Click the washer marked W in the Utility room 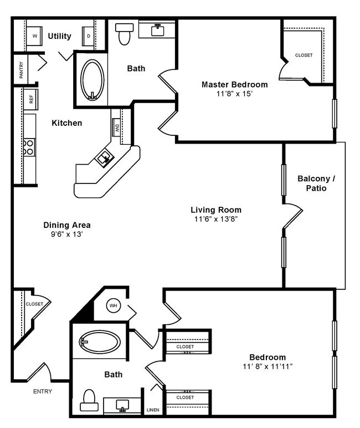point(35,36)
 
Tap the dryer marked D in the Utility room point(89,37)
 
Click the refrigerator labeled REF point(31,100)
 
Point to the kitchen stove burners point(29,146)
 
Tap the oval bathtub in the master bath point(92,80)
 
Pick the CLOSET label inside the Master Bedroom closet point(304,55)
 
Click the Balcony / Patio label point(316,184)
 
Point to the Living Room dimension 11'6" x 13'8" point(216,220)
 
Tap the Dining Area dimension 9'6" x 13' point(67,235)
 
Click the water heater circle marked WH point(113,305)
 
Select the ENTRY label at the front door point(43,391)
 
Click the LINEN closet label point(152,411)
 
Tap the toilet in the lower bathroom point(88,399)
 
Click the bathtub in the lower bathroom point(100,341)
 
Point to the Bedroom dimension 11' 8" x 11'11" point(268,367)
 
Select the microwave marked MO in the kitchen point(117,128)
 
